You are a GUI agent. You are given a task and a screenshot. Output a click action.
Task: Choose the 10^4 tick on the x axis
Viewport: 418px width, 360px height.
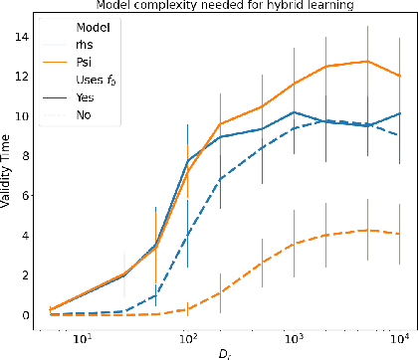pyautogui.click(x=401, y=335)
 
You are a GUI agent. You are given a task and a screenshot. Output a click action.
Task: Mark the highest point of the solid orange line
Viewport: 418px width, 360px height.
pyautogui.click(x=369, y=62)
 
